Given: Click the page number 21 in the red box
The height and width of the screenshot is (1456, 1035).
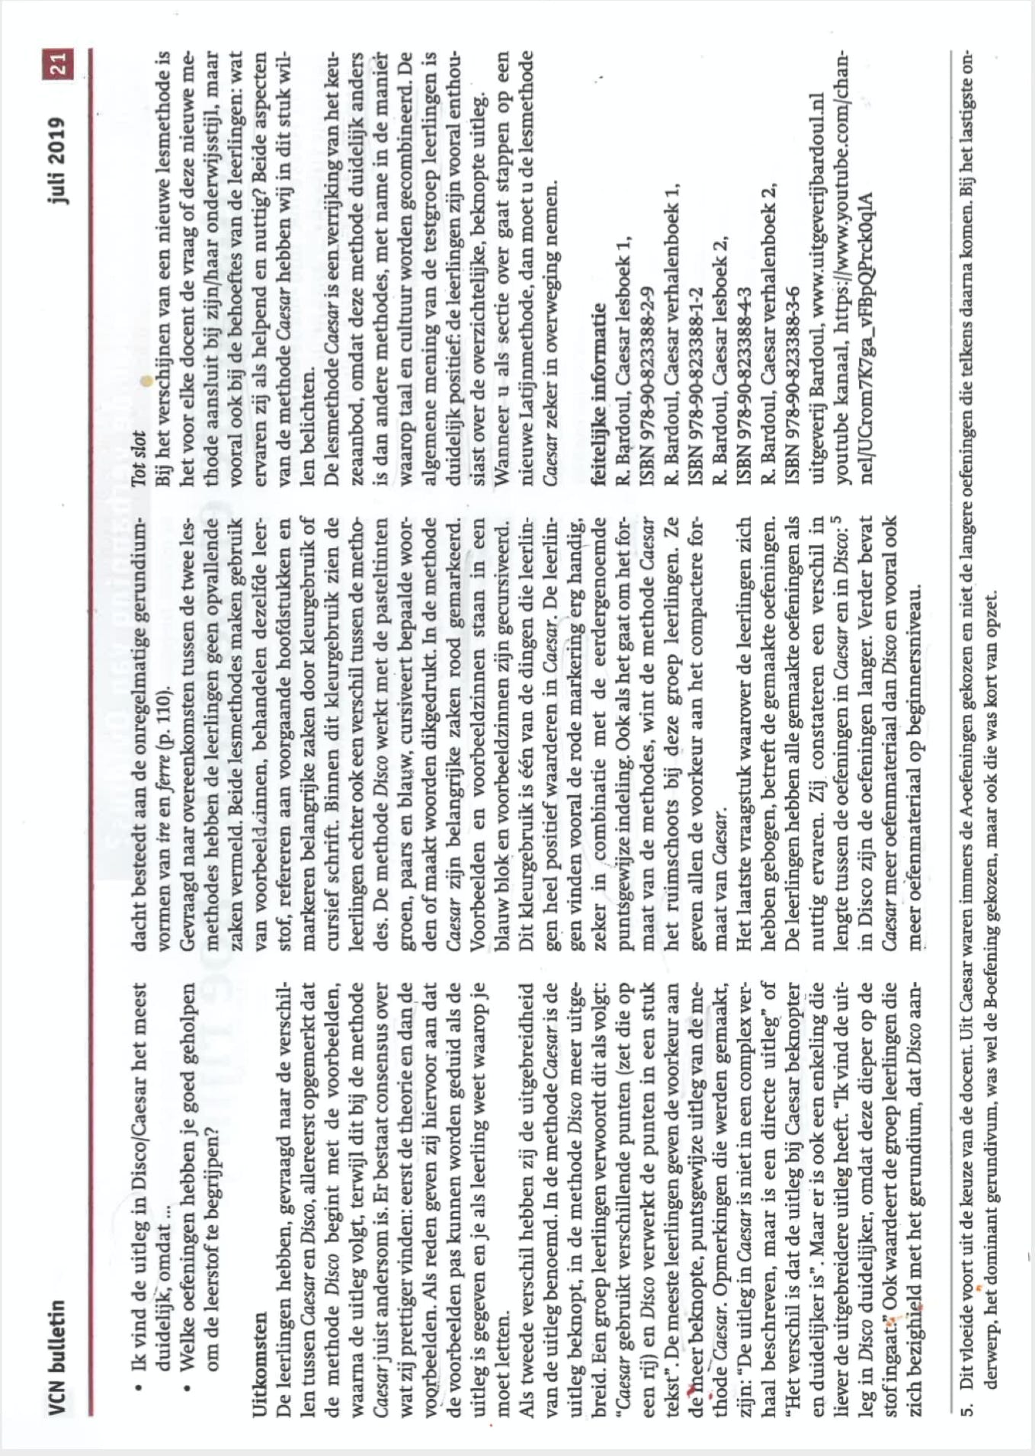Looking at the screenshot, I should [59, 63].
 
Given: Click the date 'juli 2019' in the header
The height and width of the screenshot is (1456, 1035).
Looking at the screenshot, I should [59, 160].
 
